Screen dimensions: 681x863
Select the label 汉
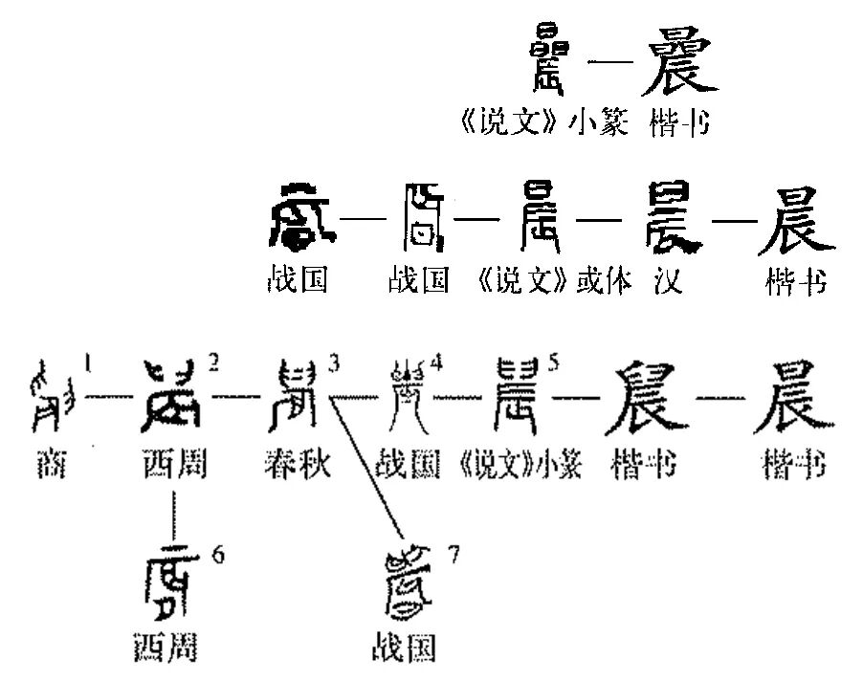(669, 282)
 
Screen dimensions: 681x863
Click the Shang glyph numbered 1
(54, 394)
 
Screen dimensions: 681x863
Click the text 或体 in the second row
(605, 282)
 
